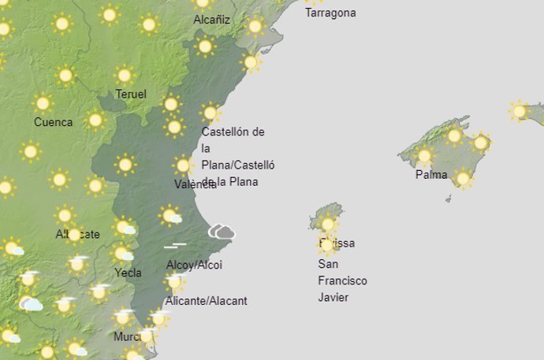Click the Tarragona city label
(x=330, y=13)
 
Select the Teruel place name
(x=131, y=95)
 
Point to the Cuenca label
(x=54, y=122)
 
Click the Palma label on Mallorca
(x=431, y=175)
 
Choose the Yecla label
(x=127, y=273)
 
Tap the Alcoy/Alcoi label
(x=195, y=265)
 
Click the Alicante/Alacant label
(x=207, y=301)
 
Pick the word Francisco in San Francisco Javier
(x=342, y=280)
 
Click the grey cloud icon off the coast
(x=222, y=232)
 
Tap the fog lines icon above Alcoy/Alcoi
(x=175, y=245)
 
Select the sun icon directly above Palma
(x=425, y=155)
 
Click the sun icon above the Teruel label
(x=124, y=76)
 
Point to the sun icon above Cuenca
(x=43, y=103)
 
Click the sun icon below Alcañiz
(x=205, y=46)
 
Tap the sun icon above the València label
(x=183, y=165)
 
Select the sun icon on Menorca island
(x=518, y=111)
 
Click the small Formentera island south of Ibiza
(x=327, y=254)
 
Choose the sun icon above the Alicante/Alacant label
(x=175, y=281)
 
